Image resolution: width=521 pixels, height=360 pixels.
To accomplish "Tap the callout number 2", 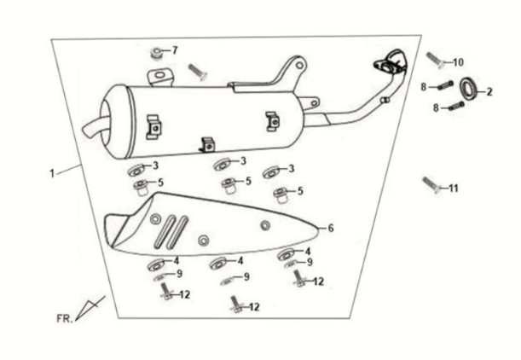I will tap(489, 90).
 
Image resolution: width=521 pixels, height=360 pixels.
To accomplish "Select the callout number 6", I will tap(331, 229).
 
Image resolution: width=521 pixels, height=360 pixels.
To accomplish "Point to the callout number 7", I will tap(175, 50).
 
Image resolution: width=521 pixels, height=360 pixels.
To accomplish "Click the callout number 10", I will tap(458, 62).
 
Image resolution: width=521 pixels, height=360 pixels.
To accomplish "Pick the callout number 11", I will tap(454, 188).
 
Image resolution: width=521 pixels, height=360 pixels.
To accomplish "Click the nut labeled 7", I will tap(158, 53).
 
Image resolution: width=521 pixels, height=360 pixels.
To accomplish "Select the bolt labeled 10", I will tap(434, 60).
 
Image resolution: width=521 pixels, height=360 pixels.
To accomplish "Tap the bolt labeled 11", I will tap(431, 183).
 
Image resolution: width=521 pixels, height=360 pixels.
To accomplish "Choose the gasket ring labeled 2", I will tap(469, 88).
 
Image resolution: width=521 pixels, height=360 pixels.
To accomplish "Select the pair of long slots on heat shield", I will tap(174, 229).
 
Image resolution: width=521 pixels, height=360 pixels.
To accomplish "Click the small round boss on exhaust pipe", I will tap(385, 101).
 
